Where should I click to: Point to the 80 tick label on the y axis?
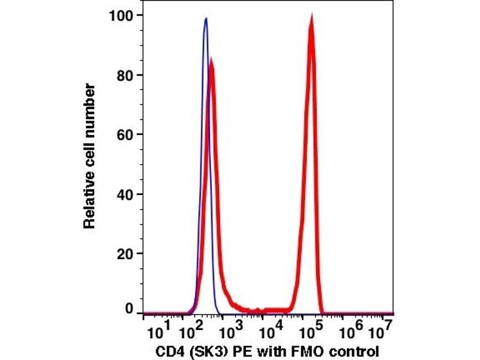pyautogui.click(x=126, y=75)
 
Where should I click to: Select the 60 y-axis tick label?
pyautogui.click(x=126, y=134)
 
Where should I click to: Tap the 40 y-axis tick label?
pyautogui.click(x=126, y=194)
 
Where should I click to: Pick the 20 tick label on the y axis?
pyautogui.click(x=126, y=253)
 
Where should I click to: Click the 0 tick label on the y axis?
pyautogui.click(x=130, y=310)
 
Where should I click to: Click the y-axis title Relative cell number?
pyautogui.click(x=90, y=157)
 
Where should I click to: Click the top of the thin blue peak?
pyautogui.click(x=206, y=18)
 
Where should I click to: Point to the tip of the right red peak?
pyautogui.click(x=311, y=17)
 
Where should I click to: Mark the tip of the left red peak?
pyautogui.click(x=211, y=59)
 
